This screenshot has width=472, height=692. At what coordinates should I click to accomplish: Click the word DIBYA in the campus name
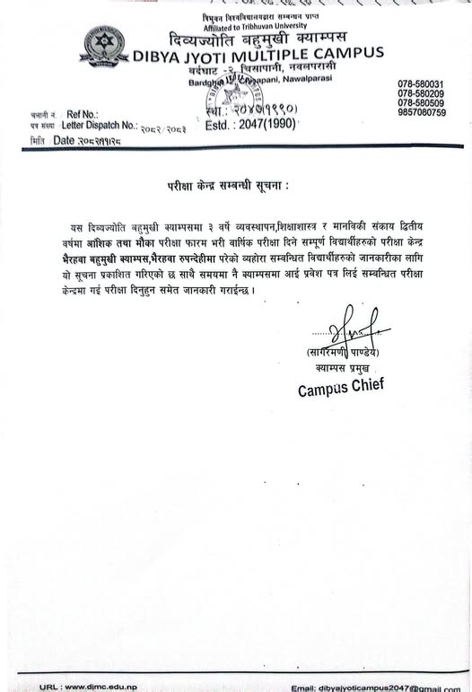(158, 55)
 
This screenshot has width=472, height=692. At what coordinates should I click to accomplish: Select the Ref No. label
(80, 116)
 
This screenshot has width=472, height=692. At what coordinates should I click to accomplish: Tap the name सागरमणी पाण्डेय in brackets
(343, 353)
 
